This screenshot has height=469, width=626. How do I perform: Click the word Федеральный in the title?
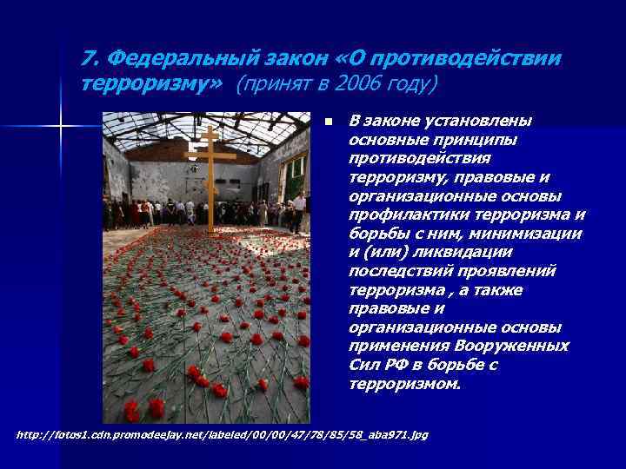click(x=162, y=58)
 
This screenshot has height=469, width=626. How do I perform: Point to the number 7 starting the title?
click(x=87, y=58)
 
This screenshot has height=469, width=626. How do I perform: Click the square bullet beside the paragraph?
click(x=326, y=121)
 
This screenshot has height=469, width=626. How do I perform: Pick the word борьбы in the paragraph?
click(x=376, y=233)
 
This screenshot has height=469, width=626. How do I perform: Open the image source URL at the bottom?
click(x=223, y=433)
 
